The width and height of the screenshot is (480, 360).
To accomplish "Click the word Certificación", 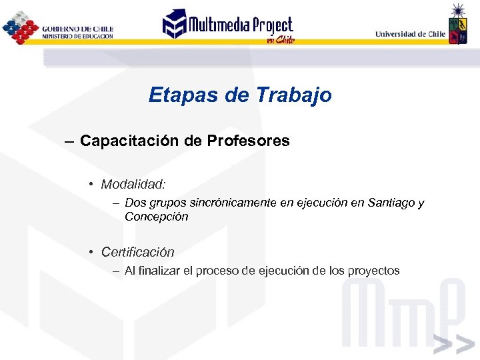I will tap(137, 252).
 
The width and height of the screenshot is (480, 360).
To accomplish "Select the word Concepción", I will tap(156, 217).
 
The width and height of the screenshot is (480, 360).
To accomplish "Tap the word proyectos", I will tap(373, 271).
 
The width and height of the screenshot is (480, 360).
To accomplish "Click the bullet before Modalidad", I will tap(90, 184).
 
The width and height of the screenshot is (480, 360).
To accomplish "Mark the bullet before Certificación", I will tap(90, 252).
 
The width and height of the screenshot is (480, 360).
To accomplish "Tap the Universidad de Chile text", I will tap(410, 34).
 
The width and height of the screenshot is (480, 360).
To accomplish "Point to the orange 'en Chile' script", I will tap(280, 40).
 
